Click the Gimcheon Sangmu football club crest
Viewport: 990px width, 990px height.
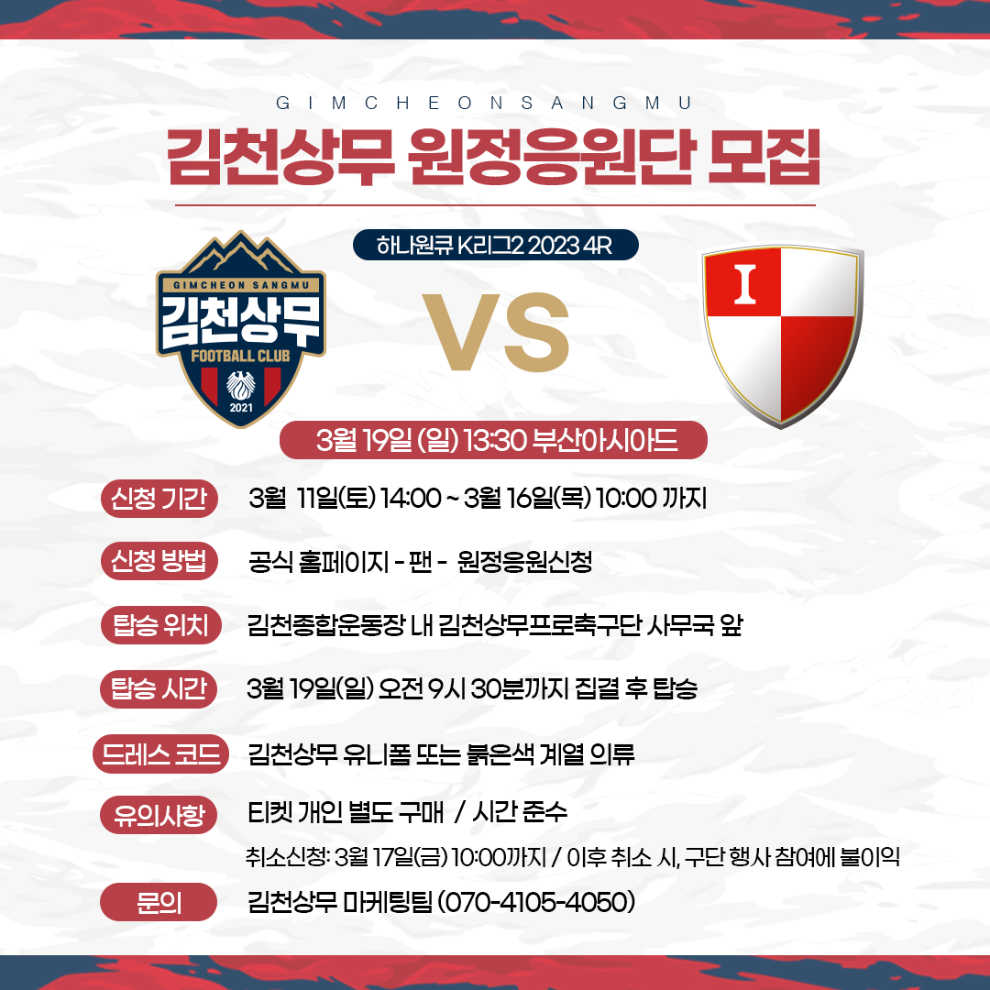(240, 329)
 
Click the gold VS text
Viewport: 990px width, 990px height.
(496, 332)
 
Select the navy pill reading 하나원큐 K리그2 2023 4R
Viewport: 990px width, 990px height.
(496, 245)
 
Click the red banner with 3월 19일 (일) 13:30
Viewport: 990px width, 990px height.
(493, 440)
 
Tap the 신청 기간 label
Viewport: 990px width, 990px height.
(159, 499)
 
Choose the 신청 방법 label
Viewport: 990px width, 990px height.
(159, 561)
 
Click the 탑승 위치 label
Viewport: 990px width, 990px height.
(161, 625)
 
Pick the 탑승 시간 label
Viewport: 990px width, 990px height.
(159, 688)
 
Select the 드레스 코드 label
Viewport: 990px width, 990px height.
(160, 753)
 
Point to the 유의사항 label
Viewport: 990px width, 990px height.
(159, 815)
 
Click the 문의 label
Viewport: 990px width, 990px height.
(159, 902)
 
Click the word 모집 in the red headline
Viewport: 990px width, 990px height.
(764, 158)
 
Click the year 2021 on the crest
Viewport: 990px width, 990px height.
(241, 408)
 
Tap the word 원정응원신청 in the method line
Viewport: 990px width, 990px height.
(524, 561)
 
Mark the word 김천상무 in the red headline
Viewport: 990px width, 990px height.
(281, 158)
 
